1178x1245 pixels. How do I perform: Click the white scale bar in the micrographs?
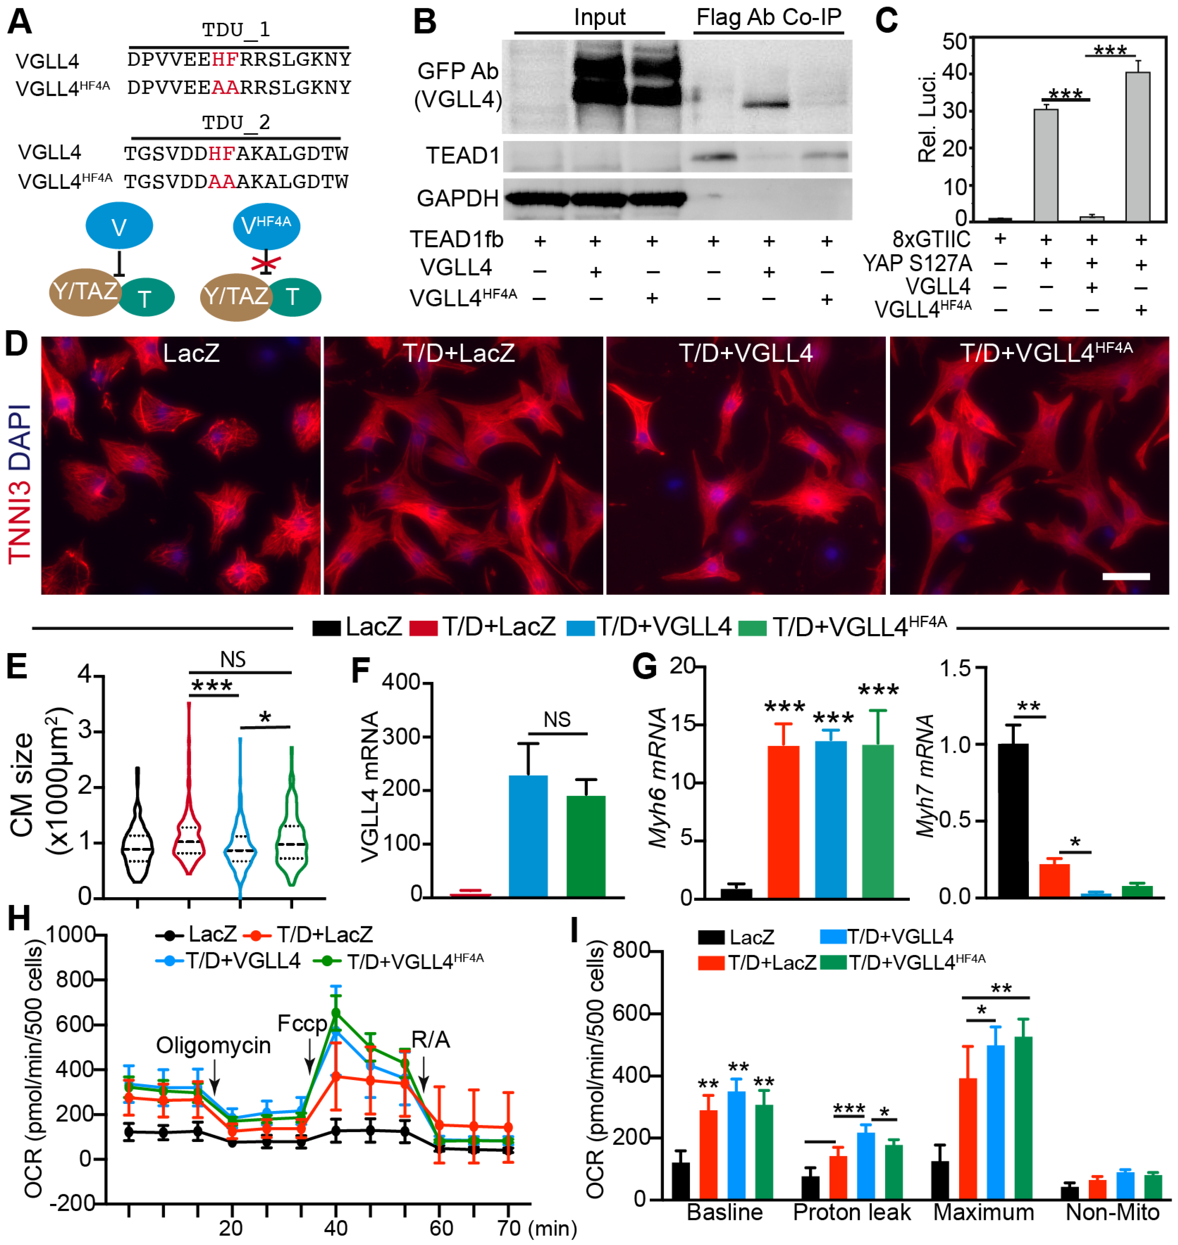click(x=1126, y=576)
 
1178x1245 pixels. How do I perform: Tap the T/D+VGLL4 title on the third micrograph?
click(x=745, y=353)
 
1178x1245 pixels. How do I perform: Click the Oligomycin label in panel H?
click(x=214, y=1045)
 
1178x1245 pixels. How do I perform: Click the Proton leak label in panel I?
click(x=852, y=1213)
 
